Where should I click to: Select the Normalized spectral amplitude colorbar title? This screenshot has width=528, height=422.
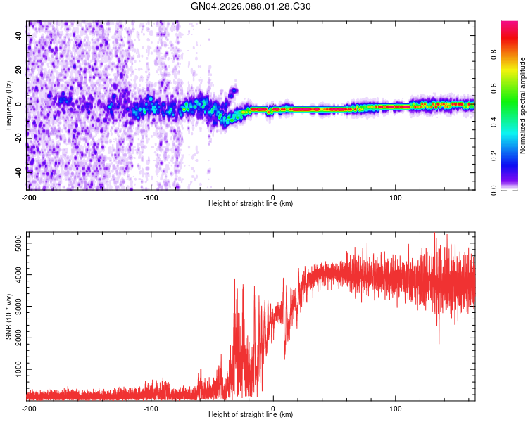click(x=523, y=105)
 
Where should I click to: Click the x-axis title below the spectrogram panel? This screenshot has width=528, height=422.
click(x=251, y=204)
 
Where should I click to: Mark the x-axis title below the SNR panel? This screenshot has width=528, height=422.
click(x=251, y=416)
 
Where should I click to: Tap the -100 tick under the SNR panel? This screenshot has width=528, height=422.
click(x=151, y=409)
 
